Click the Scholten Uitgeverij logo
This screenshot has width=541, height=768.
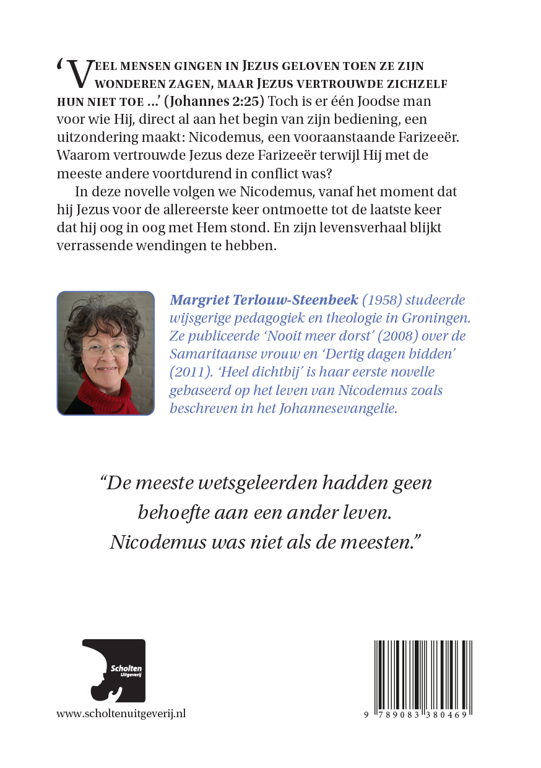(114, 671)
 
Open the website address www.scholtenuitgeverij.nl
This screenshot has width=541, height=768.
(121, 713)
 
